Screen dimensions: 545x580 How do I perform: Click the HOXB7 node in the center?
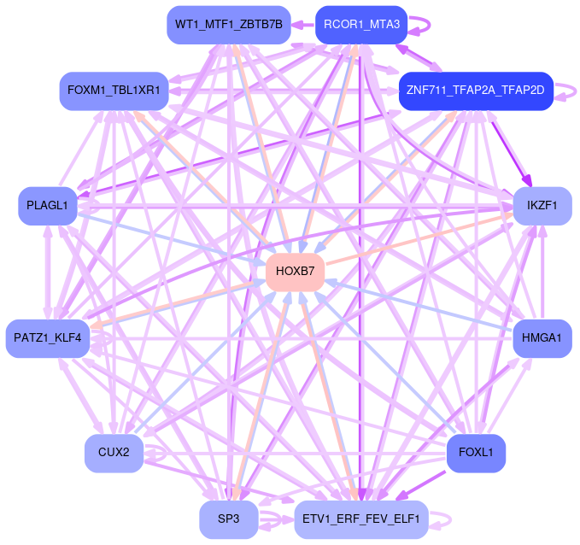296,272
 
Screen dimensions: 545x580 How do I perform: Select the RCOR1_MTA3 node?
361,24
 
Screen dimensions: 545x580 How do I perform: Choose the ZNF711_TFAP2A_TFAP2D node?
477,91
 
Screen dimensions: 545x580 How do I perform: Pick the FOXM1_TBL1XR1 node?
113,91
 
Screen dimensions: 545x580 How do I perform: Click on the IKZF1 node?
542,206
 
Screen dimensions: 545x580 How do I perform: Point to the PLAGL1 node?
48,206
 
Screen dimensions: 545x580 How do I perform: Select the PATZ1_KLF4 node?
48,338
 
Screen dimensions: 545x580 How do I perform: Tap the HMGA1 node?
542,338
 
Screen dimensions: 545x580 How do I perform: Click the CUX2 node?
113,453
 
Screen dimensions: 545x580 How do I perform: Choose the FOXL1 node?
476,453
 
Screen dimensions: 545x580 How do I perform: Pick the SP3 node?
228,519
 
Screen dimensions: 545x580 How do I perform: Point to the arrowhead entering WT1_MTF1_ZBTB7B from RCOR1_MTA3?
299,25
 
